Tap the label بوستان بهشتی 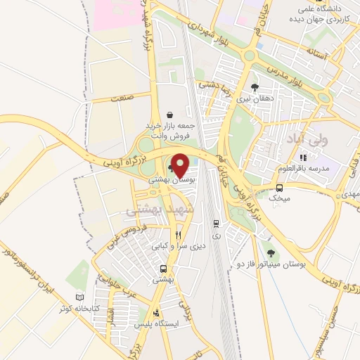[173, 180]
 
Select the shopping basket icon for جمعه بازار [170, 115]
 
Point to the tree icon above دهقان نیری [255, 88]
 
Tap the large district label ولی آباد [283, 141]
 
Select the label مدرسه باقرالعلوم [310, 169]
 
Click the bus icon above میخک [280, 188]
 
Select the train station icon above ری [217, 224]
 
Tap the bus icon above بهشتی [163, 269]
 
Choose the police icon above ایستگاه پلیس [157, 313]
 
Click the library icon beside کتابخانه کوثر [79, 298]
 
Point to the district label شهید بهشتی [154, 210]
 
